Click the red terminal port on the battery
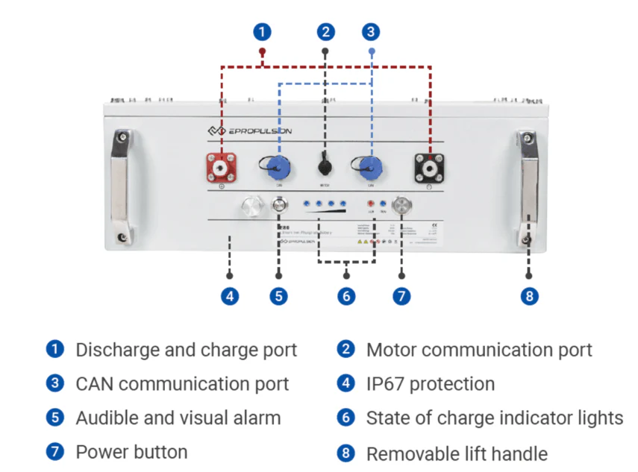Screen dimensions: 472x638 coord(221,167)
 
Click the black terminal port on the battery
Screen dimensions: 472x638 coord(431,167)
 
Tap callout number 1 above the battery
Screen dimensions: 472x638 coord(261,32)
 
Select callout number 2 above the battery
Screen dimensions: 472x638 coord(325,32)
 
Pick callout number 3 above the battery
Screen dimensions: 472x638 coord(372,32)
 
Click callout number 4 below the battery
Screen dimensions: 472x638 coord(230,296)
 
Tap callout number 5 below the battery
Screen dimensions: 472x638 coord(278,296)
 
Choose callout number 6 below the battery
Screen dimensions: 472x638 coord(345,296)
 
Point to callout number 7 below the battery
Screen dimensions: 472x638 coord(401,296)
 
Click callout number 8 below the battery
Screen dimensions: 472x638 coord(529,296)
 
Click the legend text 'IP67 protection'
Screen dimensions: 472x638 coord(430,384)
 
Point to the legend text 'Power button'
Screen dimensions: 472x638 coord(131,452)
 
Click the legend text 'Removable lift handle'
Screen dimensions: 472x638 coord(457,453)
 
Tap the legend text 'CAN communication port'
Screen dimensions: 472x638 coord(182,384)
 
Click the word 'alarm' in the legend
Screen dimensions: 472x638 coord(256,418)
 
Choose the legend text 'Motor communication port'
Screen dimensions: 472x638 coord(479,350)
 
